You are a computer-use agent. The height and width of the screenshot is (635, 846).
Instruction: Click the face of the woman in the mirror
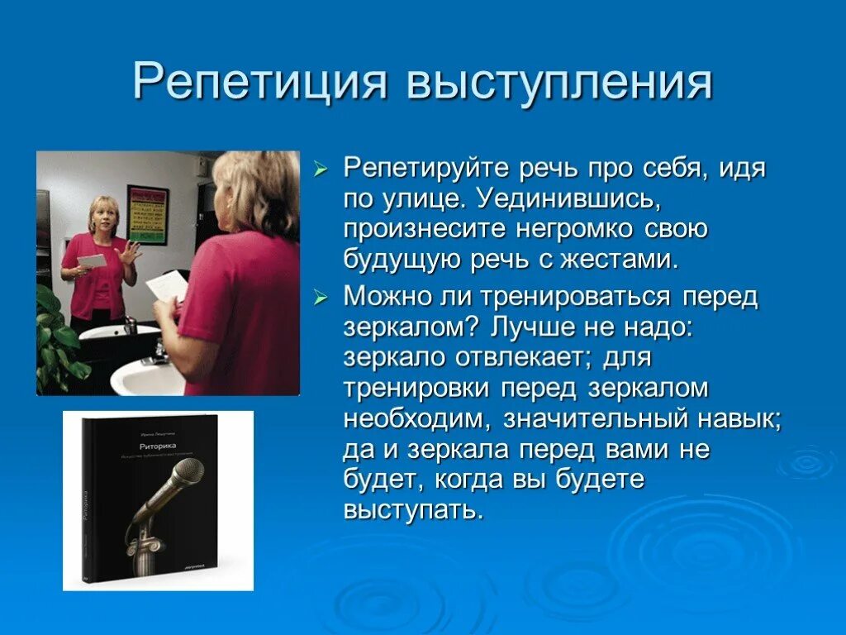tap(107, 216)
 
